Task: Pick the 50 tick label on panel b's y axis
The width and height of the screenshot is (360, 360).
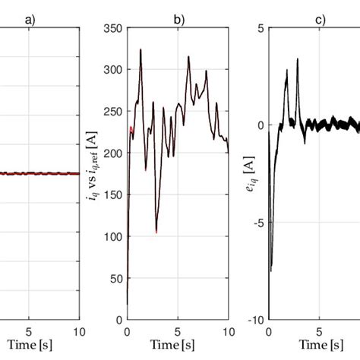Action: (116, 278)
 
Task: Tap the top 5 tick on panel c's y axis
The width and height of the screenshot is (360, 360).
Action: (261, 28)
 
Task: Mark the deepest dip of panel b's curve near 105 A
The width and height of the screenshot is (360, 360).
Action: (156, 231)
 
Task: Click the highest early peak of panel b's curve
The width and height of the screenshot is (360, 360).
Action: (141, 50)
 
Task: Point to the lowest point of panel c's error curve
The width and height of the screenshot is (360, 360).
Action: (271, 270)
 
